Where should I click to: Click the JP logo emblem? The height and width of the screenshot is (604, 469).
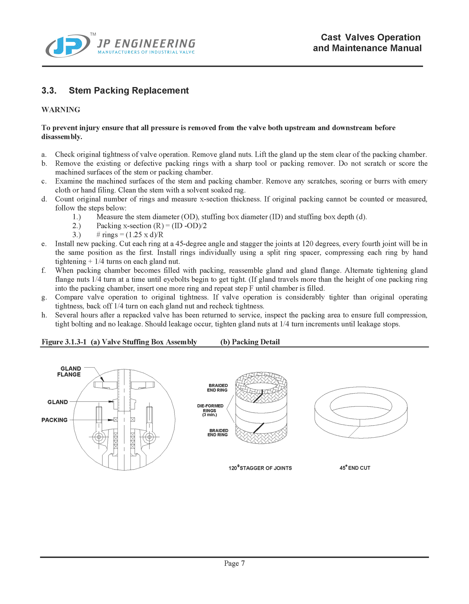click(68, 46)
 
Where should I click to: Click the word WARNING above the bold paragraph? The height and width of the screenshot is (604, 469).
click(61, 110)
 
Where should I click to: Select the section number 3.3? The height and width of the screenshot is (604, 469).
click(49, 91)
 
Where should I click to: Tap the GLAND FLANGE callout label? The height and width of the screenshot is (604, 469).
click(69, 371)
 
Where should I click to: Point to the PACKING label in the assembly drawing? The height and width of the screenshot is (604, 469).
click(54, 420)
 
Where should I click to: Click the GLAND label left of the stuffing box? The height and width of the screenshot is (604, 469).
click(57, 402)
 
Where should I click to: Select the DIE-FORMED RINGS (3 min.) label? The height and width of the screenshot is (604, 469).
click(210, 410)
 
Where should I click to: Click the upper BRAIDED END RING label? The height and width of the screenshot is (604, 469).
click(217, 388)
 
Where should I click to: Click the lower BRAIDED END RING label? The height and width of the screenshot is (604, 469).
click(218, 433)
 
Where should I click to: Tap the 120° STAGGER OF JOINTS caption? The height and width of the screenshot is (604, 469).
click(260, 468)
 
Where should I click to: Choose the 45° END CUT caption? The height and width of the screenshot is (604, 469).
click(355, 468)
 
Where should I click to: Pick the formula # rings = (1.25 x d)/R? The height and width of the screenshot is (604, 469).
click(130, 235)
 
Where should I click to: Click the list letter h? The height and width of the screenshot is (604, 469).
click(44, 315)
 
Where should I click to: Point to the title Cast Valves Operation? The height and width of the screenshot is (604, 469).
click(371, 37)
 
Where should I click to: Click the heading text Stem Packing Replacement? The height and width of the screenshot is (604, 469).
click(129, 91)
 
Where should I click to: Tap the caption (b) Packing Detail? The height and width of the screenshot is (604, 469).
click(250, 342)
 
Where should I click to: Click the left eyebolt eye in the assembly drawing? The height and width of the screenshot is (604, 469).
click(99, 437)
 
